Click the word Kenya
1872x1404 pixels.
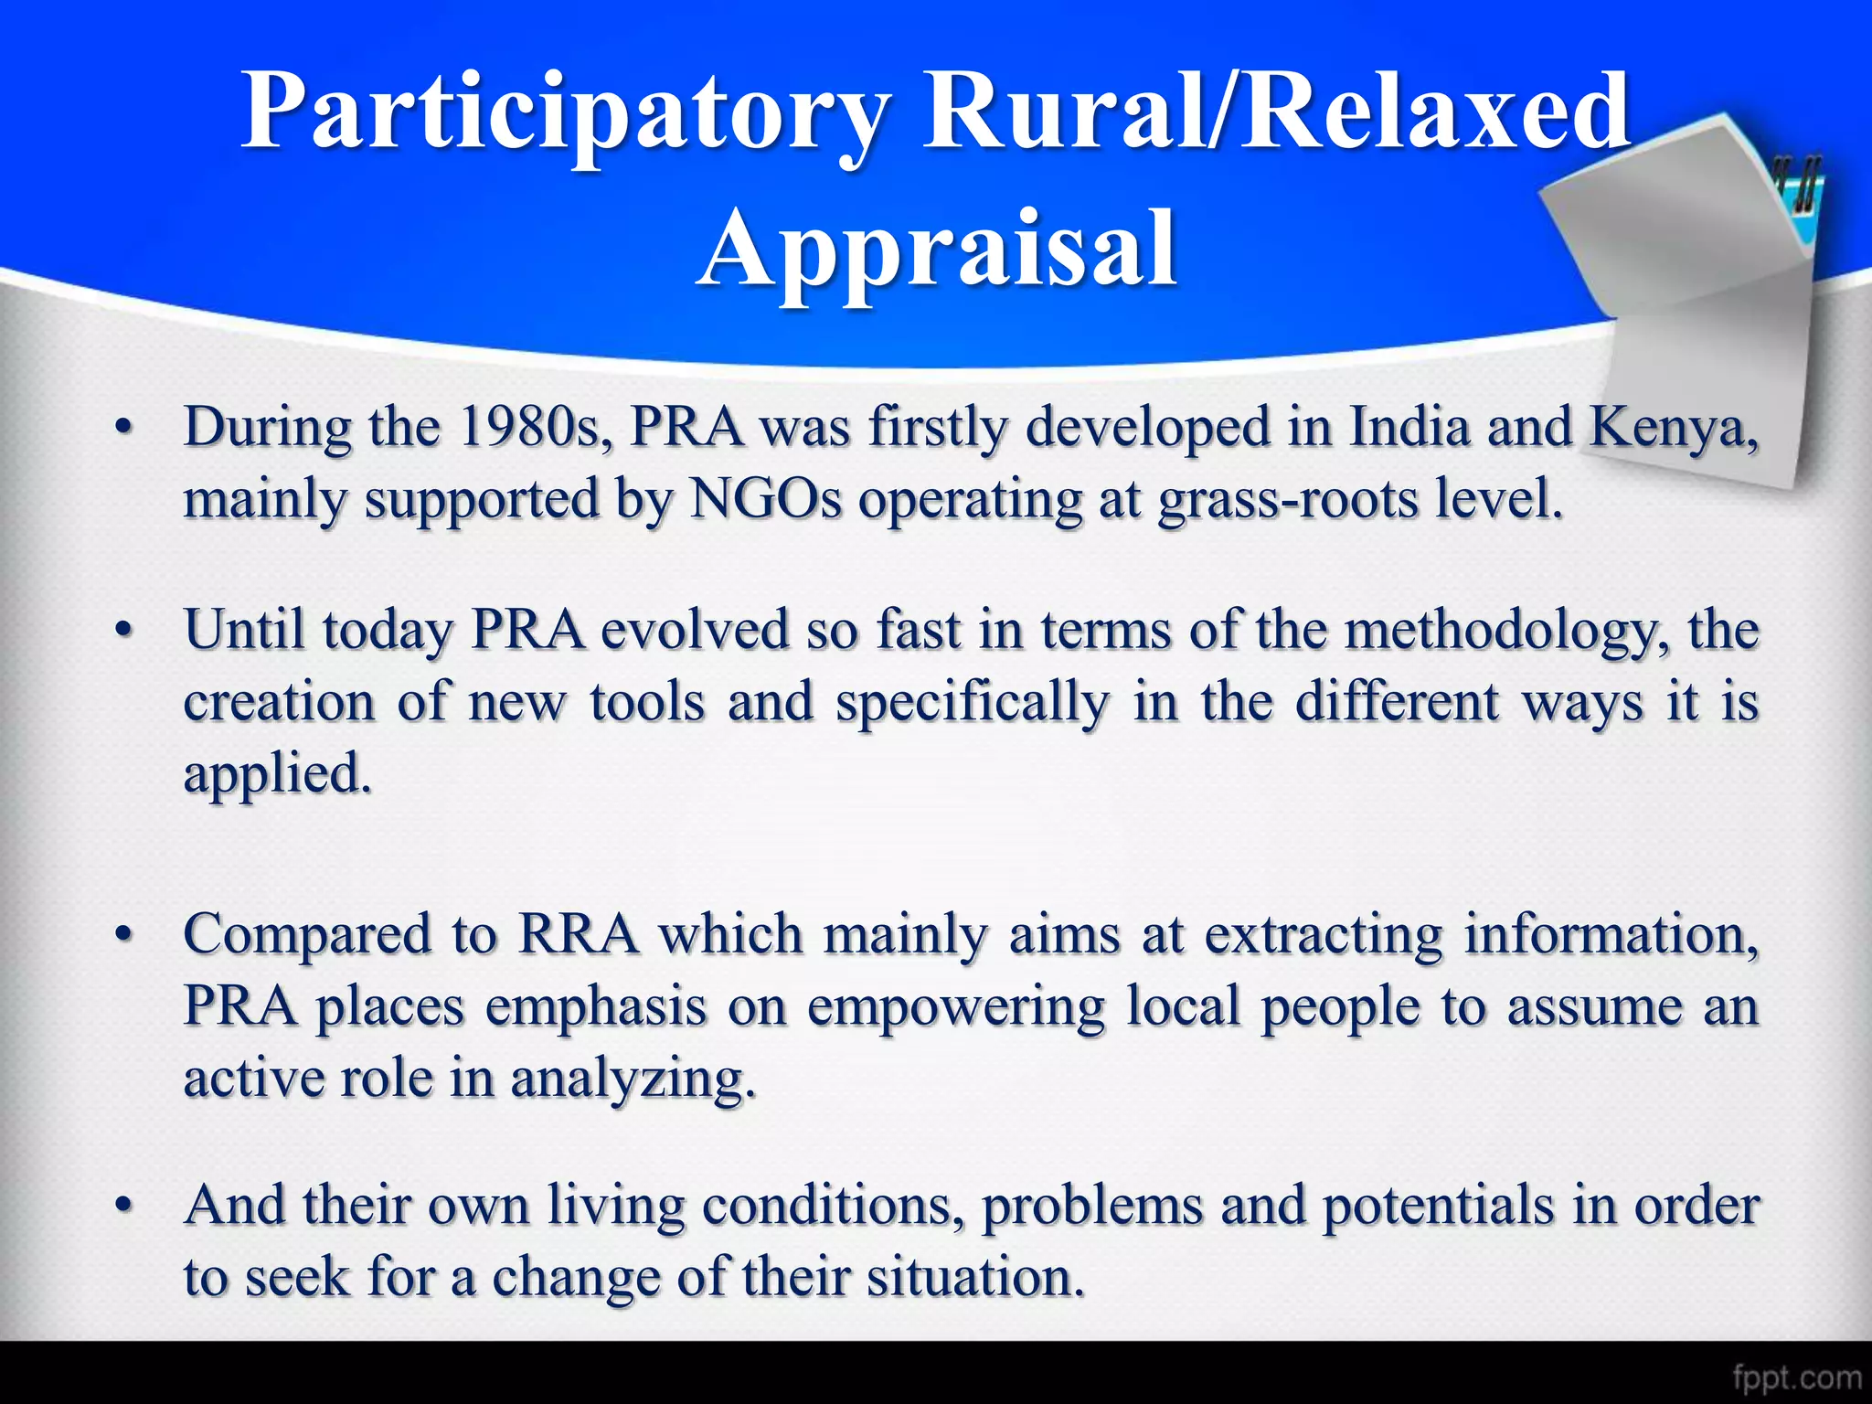(1672, 428)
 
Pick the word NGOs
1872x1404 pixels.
(766, 500)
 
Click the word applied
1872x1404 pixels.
(277, 775)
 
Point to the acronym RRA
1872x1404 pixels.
(578, 935)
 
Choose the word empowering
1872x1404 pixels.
(955, 1008)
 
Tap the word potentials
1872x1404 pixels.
(1438, 1206)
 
